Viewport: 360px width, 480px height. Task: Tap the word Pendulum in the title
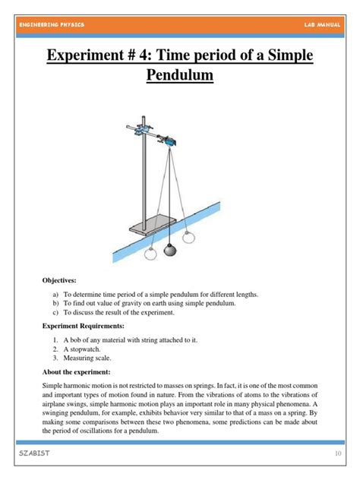(x=179, y=76)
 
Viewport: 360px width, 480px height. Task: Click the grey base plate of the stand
(x=149, y=226)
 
